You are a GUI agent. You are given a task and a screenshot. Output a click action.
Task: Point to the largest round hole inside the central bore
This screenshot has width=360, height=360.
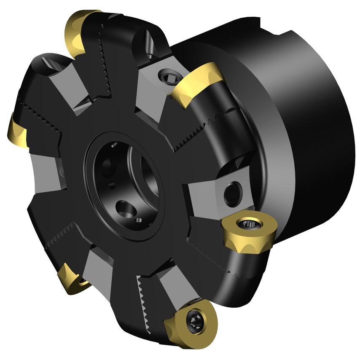coord(124,208)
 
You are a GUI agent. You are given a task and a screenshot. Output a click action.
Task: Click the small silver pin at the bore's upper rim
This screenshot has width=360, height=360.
coord(114,146)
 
